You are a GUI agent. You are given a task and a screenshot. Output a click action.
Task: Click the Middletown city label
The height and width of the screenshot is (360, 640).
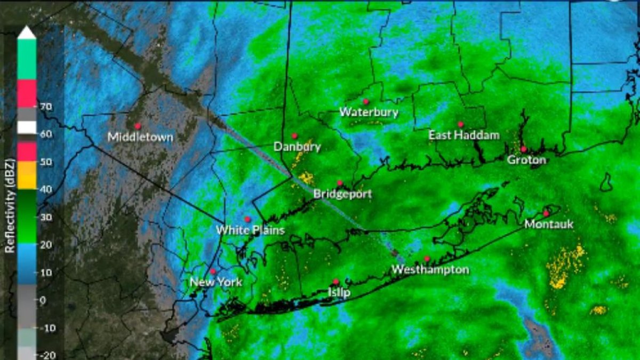pyautogui.click(x=140, y=137)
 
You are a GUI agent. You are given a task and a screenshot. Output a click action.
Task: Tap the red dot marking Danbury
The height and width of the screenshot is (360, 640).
pyautogui.click(x=294, y=136)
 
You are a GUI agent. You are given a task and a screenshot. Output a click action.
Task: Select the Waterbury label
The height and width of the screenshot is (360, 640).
pyautogui.click(x=369, y=112)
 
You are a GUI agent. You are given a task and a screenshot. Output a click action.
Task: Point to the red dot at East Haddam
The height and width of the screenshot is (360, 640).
pyautogui.click(x=460, y=124)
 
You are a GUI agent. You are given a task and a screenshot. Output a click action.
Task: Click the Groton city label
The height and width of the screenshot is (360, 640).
pyautogui.click(x=526, y=159)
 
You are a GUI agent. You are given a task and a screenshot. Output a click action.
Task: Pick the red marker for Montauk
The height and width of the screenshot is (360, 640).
pyautogui.click(x=546, y=213)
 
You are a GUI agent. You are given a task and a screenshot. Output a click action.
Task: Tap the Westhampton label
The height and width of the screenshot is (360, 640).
pyautogui.click(x=430, y=269)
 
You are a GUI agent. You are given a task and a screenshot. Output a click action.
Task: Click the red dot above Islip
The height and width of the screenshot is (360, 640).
pyautogui.click(x=335, y=282)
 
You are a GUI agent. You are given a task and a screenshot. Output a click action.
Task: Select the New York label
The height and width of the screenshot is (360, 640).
pyautogui.click(x=216, y=282)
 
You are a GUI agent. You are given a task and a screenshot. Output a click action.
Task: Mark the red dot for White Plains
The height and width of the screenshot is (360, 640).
pyautogui.click(x=247, y=219)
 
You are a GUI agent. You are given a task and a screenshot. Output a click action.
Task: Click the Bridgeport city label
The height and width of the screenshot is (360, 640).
pyautogui.click(x=342, y=194)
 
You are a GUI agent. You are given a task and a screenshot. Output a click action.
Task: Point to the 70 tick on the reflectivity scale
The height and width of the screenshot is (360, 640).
pyautogui.click(x=45, y=107)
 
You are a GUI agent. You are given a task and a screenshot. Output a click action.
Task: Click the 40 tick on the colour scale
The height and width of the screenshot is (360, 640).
pyautogui.click(x=45, y=189)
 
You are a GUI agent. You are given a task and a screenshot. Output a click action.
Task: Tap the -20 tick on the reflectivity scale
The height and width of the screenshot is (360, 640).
pyautogui.click(x=45, y=355)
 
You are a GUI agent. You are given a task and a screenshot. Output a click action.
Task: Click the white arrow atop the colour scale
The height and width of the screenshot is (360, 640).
pyautogui.click(x=26, y=33)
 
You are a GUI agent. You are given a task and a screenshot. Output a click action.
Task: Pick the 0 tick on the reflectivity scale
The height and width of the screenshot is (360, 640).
pyautogui.click(x=43, y=300)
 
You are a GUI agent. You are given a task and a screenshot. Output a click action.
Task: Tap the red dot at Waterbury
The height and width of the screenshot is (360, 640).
pyautogui.click(x=366, y=101)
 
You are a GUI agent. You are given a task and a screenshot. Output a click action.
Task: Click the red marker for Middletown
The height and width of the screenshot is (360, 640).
pyautogui.click(x=138, y=126)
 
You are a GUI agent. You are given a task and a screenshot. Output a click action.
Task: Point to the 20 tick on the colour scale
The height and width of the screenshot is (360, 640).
pyautogui.click(x=45, y=244)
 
